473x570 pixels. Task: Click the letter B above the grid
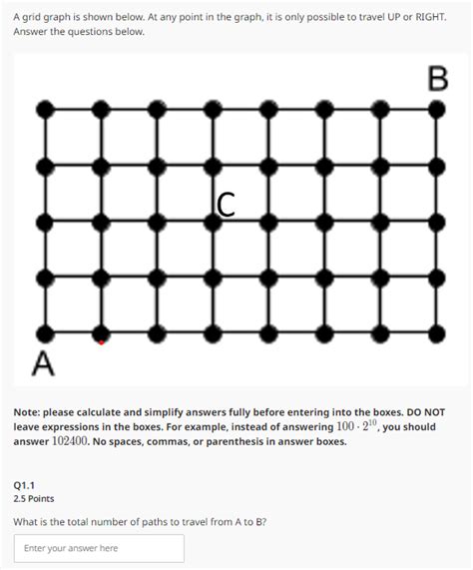coord(437,78)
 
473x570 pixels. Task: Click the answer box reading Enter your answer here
coord(99,548)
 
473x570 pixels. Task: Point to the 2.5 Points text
coord(34,498)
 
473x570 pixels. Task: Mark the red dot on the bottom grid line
coord(101,341)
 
